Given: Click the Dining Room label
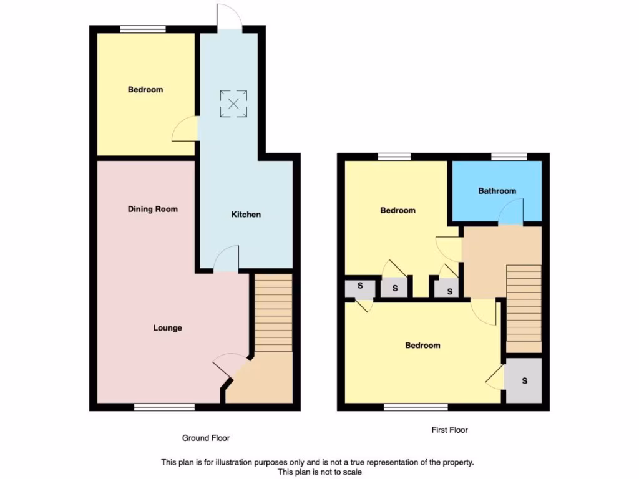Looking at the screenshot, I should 153,209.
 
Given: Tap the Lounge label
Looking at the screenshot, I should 168,328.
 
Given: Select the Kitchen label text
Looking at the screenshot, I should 246,215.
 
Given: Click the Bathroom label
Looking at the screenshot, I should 497,191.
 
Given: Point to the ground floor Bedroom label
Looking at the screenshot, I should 145,90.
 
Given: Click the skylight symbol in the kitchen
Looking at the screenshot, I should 233,104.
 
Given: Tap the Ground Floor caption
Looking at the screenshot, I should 206,438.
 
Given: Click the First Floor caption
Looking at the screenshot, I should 449,430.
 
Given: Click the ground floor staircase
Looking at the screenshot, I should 273,312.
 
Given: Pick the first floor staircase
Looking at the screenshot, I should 523,308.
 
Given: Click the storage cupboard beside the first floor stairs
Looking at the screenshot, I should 524,380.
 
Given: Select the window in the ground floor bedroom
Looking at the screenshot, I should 143,29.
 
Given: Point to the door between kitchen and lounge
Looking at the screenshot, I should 227,261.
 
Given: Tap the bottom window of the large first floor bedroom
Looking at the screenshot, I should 416,407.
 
